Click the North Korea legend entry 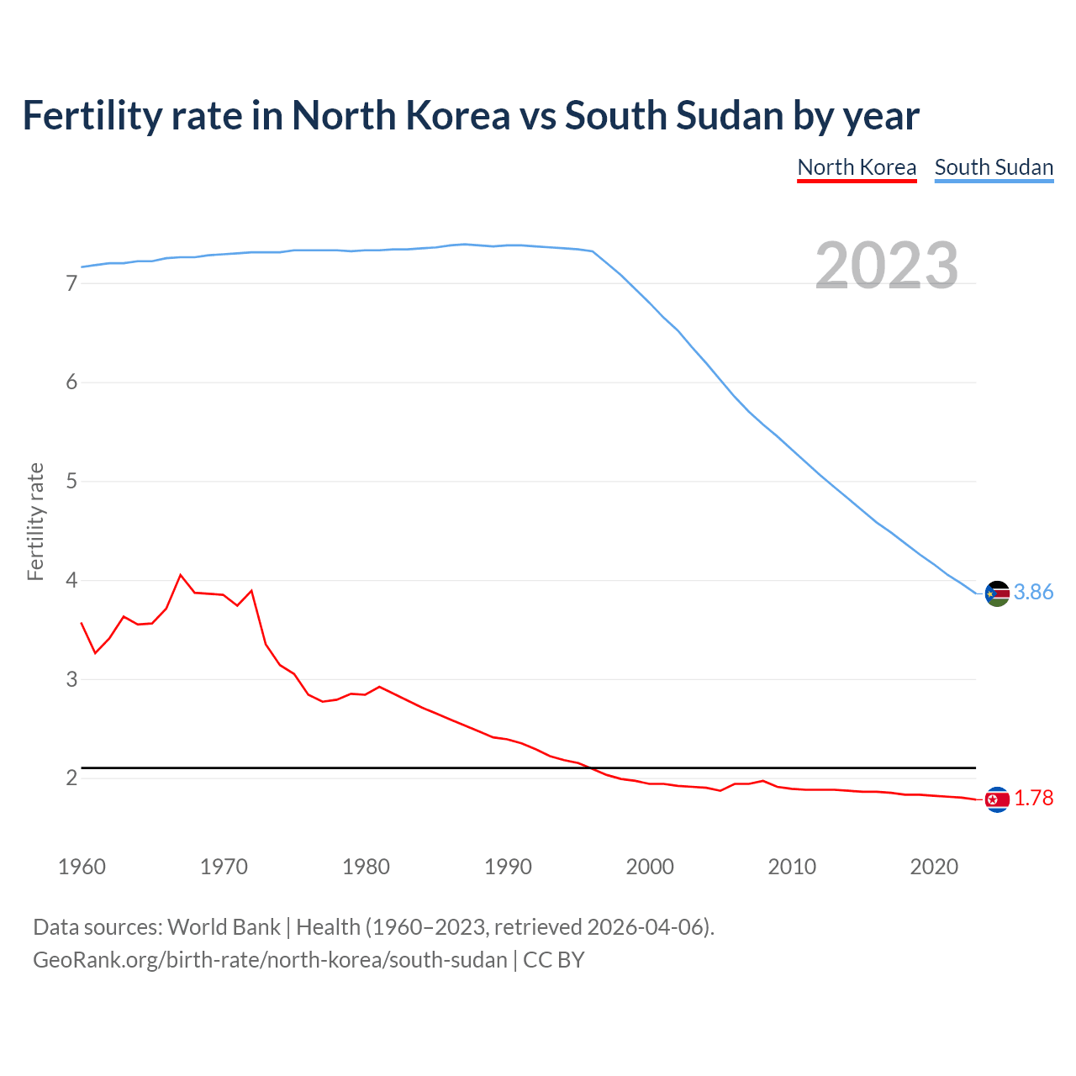coord(857,167)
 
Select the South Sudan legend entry coord(994,167)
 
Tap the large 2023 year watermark coord(886,266)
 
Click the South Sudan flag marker coord(997,593)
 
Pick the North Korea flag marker coord(997,799)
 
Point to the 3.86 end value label coord(1033,593)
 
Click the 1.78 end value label coord(1033,799)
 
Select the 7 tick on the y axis coord(71,284)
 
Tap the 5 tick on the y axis coord(71,482)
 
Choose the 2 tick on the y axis coord(71,778)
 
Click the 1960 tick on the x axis coord(82,867)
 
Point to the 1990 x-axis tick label coord(508,867)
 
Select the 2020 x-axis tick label coord(934,867)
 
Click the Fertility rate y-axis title coord(35,521)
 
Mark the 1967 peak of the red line coord(180,575)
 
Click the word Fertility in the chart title coord(91,115)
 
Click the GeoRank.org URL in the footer coord(270,960)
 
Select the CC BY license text coord(554,960)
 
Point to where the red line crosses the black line coord(592,767)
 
